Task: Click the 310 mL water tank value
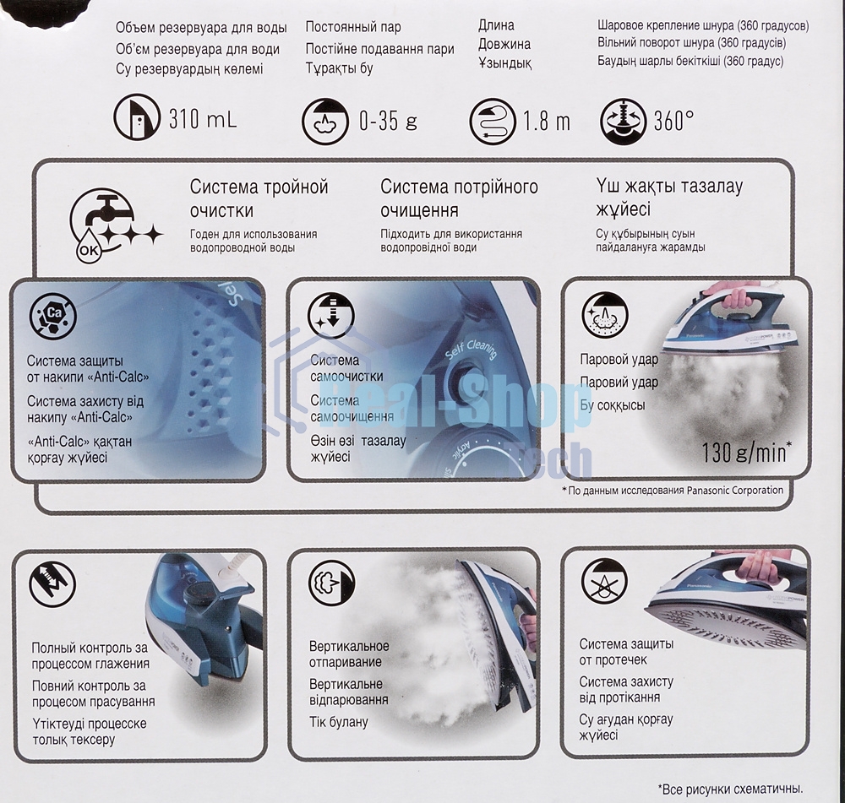click(x=203, y=118)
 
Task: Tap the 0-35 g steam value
click(x=388, y=121)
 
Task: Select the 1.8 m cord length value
click(x=547, y=122)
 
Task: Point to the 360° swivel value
click(x=673, y=121)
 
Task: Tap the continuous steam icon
click(x=325, y=121)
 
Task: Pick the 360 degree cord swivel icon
click(x=623, y=121)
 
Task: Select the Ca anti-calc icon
click(x=53, y=315)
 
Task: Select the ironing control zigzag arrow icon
click(x=52, y=584)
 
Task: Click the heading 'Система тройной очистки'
click(x=259, y=198)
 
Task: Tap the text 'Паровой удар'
click(x=619, y=359)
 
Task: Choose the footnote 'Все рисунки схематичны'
click(x=730, y=789)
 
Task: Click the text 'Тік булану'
click(x=339, y=722)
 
